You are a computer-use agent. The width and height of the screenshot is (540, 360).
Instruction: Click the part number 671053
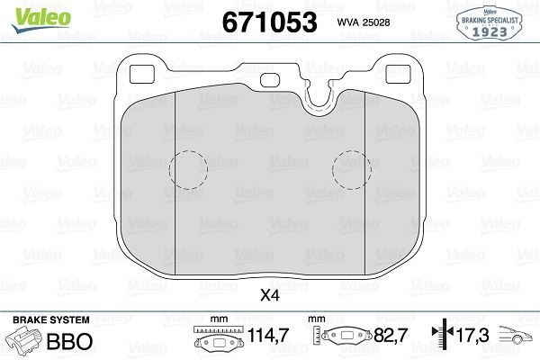click(269, 22)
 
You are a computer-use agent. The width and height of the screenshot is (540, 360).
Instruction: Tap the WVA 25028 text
click(364, 22)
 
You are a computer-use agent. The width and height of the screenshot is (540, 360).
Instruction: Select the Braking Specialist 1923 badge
click(490, 23)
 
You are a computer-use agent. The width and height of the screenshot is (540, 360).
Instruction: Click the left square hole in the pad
click(142, 74)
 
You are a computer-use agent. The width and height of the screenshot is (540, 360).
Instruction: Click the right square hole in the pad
click(398, 74)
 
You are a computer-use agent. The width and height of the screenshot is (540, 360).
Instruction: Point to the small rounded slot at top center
click(270, 81)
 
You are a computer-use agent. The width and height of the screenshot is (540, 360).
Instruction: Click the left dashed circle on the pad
click(188, 170)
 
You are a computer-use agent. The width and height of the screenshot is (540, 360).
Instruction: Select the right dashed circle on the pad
click(352, 170)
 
